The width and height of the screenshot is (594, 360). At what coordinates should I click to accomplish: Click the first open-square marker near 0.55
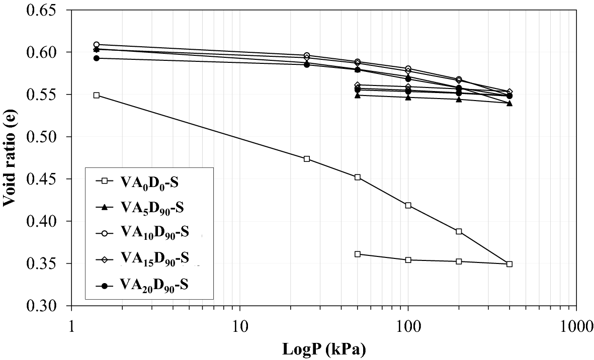(97, 95)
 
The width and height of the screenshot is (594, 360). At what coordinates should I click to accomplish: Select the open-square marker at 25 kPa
(307, 159)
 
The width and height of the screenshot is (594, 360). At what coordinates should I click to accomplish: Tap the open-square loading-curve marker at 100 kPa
(408, 205)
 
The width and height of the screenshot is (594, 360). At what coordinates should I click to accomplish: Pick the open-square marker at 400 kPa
(510, 264)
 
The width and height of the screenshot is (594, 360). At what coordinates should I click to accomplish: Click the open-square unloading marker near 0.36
(358, 254)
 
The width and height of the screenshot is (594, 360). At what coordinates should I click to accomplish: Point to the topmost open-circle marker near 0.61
(97, 45)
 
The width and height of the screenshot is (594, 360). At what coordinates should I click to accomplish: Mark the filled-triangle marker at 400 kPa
(510, 103)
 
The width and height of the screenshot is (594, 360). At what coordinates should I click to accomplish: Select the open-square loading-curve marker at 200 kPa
(459, 231)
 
